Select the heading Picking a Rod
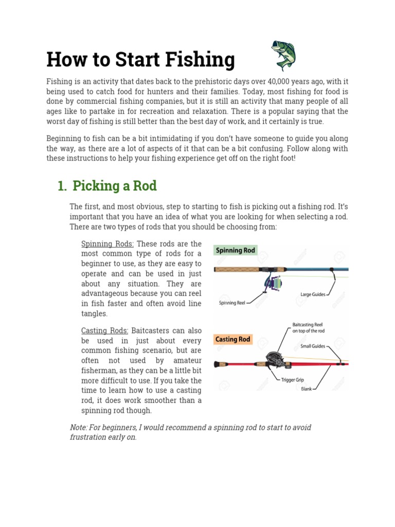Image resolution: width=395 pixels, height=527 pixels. (115, 186)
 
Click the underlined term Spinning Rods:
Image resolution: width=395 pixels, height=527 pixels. (107, 243)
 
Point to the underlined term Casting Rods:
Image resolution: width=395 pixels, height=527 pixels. (105, 330)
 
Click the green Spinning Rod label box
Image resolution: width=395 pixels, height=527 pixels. (235, 250)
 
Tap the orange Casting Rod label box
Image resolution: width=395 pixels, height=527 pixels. (232, 339)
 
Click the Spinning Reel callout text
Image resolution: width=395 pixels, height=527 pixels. (232, 303)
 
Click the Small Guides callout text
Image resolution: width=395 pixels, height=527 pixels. (313, 346)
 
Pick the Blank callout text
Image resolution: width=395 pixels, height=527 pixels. (307, 389)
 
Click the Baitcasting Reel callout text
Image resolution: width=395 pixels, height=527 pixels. (308, 328)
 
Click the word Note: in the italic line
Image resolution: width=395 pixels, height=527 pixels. (79, 427)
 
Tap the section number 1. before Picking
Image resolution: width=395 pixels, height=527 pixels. (62, 186)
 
